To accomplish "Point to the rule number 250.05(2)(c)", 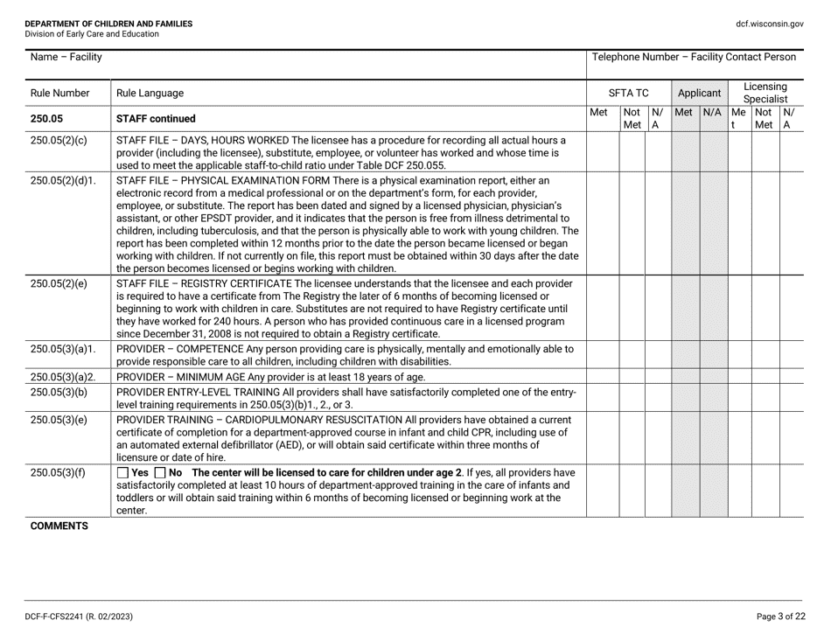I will tap(58, 140).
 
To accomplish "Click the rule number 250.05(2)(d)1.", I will tap(60, 181).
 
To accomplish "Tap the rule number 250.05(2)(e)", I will tap(58, 284).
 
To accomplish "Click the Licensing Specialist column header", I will tap(767, 92).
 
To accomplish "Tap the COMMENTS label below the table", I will tap(56, 526).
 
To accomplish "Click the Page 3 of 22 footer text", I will tap(781, 617).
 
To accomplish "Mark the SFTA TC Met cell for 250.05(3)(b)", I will tap(602, 398).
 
